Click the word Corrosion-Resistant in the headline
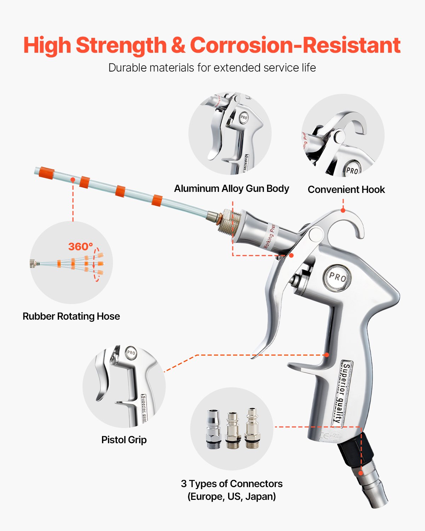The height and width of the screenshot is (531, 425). coord(295,45)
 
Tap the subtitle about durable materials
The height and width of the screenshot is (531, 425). coord(212,68)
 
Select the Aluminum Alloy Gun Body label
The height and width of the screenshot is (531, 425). coord(231,188)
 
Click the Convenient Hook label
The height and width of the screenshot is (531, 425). coord(346,189)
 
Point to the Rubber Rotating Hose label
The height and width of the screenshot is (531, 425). coord(71,316)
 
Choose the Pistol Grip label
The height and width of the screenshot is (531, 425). coord(124,440)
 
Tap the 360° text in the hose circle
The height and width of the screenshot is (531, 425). coord(80,246)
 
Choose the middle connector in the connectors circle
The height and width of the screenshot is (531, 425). coord(233,430)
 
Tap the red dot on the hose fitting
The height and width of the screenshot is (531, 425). coord(361,473)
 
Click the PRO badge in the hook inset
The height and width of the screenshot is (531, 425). coord(352,170)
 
